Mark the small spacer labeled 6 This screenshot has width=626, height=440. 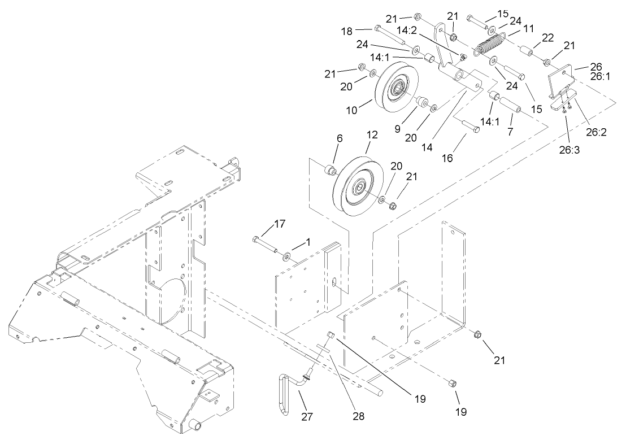click(328, 170)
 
